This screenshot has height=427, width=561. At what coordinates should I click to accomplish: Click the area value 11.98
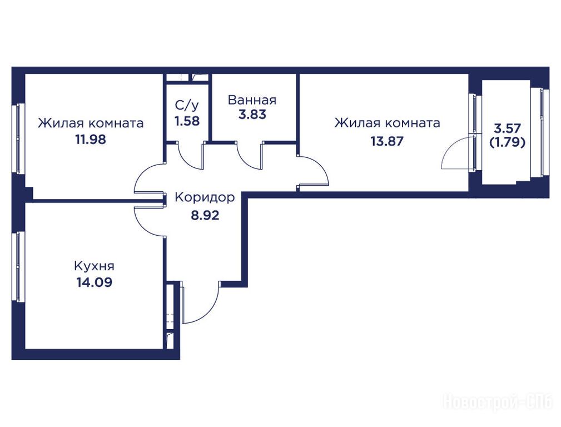(91, 139)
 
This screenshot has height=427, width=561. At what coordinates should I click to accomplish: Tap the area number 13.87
(387, 141)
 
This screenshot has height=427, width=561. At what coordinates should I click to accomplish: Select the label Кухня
(94, 266)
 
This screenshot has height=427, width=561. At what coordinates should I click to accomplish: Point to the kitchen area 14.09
(94, 282)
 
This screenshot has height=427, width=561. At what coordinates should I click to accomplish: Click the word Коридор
(205, 197)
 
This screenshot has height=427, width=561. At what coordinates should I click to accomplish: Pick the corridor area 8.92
(205, 216)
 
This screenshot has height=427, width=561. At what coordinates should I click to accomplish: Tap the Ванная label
(252, 100)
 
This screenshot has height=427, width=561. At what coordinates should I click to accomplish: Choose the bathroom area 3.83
(252, 115)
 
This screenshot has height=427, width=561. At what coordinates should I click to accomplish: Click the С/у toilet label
(186, 105)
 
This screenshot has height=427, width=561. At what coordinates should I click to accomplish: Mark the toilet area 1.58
(187, 121)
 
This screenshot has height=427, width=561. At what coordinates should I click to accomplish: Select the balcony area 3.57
(507, 128)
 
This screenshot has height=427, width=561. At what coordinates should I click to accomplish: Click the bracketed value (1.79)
(507, 142)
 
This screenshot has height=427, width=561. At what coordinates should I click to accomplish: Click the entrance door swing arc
(209, 311)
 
